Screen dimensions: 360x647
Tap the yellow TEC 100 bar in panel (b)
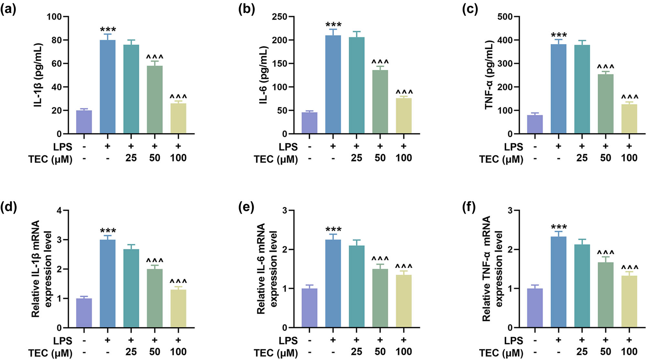[x=404, y=116]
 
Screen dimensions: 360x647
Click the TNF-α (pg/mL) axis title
[x=489, y=75]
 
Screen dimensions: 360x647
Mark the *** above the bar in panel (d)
[x=108, y=231]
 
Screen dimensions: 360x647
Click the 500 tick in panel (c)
[x=505, y=17]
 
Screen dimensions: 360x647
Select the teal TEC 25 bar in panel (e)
[x=356, y=287]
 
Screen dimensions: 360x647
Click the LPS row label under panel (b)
[x=288, y=147]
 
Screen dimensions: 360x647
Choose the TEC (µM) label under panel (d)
[x=50, y=353]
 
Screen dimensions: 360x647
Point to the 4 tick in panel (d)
[x=59, y=211]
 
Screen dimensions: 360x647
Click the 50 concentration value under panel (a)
[x=155, y=158]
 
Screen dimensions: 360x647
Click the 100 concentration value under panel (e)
[x=404, y=352]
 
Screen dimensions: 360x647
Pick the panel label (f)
[x=469, y=207]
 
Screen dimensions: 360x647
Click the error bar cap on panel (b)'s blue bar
[x=333, y=29]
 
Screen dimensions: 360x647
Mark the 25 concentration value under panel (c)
[x=582, y=158]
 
